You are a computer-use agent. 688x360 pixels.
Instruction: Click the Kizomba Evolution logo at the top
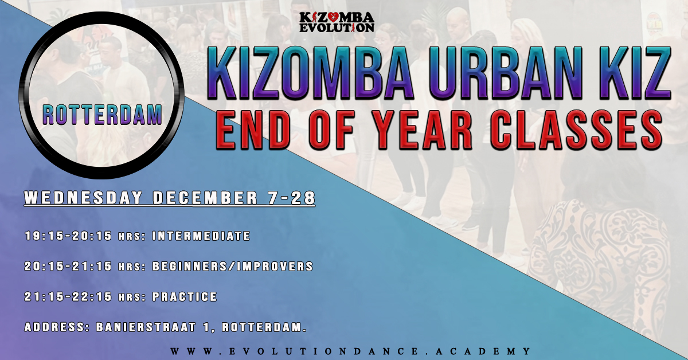(x=337, y=22)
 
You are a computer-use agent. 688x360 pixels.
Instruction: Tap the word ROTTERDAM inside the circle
(x=102, y=115)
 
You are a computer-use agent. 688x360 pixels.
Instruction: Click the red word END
(x=253, y=130)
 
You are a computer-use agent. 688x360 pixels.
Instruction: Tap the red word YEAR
(x=424, y=130)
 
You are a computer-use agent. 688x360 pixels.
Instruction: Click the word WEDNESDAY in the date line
(x=84, y=198)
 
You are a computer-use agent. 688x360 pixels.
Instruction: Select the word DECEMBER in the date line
(x=205, y=198)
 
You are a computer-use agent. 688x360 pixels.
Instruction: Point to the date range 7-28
(x=292, y=198)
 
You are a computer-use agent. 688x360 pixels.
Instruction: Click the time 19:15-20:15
(x=68, y=236)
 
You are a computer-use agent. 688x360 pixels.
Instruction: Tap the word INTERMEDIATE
(x=201, y=236)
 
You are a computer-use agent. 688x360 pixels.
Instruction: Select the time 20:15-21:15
(x=68, y=267)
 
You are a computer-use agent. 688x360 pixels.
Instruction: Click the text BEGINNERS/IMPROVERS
(x=233, y=267)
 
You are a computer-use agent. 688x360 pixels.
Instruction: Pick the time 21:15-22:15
(x=68, y=297)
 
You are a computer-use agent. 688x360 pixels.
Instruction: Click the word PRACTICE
(x=185, y=297)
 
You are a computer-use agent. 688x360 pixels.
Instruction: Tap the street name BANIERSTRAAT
(x=146, y=327)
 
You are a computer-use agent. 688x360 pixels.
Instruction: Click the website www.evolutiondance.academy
(x=351, y=351)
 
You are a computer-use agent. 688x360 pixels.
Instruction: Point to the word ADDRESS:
(x=57, y=327)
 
